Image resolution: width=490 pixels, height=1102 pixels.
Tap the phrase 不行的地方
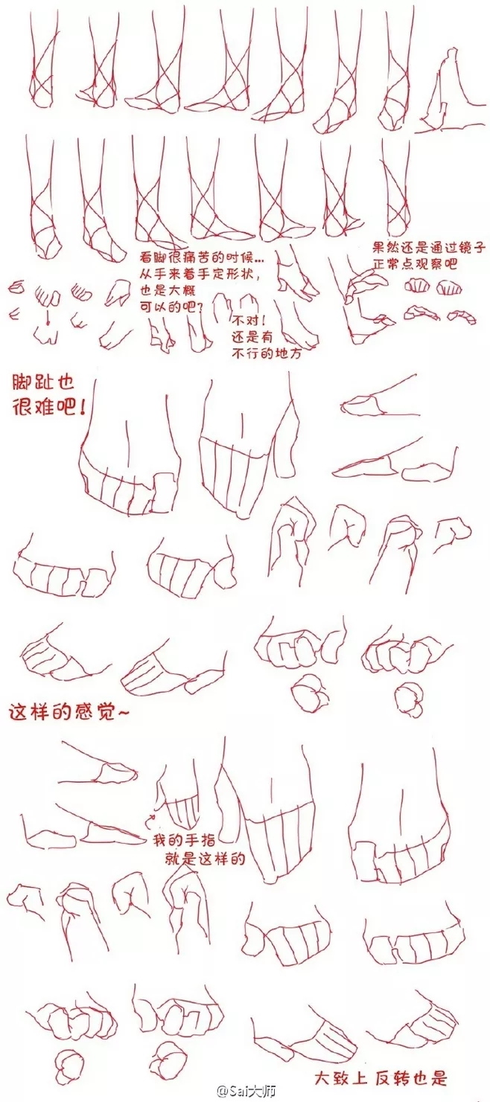[267, 353]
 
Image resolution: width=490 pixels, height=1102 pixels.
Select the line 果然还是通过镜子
[429, 247]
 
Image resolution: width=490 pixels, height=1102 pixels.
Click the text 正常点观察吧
[415, 264]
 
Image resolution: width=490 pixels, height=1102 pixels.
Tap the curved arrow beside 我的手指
[150, 820]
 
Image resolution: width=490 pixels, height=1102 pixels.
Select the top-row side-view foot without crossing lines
[448, 94]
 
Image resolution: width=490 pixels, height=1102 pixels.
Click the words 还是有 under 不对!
[252, 337]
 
